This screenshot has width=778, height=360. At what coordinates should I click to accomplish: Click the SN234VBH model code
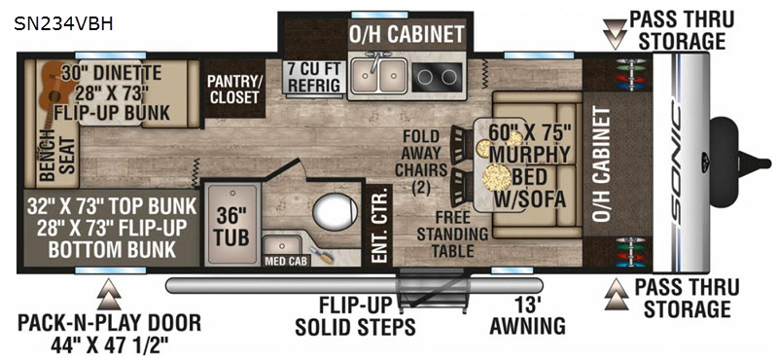(x=63, y=24)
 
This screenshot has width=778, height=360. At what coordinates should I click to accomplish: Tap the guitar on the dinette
(x=53, y=91)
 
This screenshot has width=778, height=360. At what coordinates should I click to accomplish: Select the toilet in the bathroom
(x=336, y=212)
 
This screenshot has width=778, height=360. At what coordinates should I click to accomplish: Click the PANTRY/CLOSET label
(x=234, y=90)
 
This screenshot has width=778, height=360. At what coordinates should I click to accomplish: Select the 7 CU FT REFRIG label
(x=314, y=77)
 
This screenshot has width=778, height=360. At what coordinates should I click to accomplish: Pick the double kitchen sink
(x=379, y=76)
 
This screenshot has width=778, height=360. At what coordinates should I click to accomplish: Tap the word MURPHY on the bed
(x=529, y=155)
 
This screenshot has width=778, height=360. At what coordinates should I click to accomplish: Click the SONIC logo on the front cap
(x=682, y=162)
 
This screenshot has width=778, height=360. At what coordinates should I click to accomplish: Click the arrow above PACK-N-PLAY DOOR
(x=109, y=295)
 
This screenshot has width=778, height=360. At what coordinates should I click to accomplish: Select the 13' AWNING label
(x=527, y=316)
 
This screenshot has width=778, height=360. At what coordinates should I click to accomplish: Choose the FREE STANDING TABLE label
(x=452, y=234)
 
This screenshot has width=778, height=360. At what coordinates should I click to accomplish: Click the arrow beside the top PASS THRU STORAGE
(x=615, y=35)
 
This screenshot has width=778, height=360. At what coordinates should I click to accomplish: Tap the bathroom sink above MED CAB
(x=281, y=245)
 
